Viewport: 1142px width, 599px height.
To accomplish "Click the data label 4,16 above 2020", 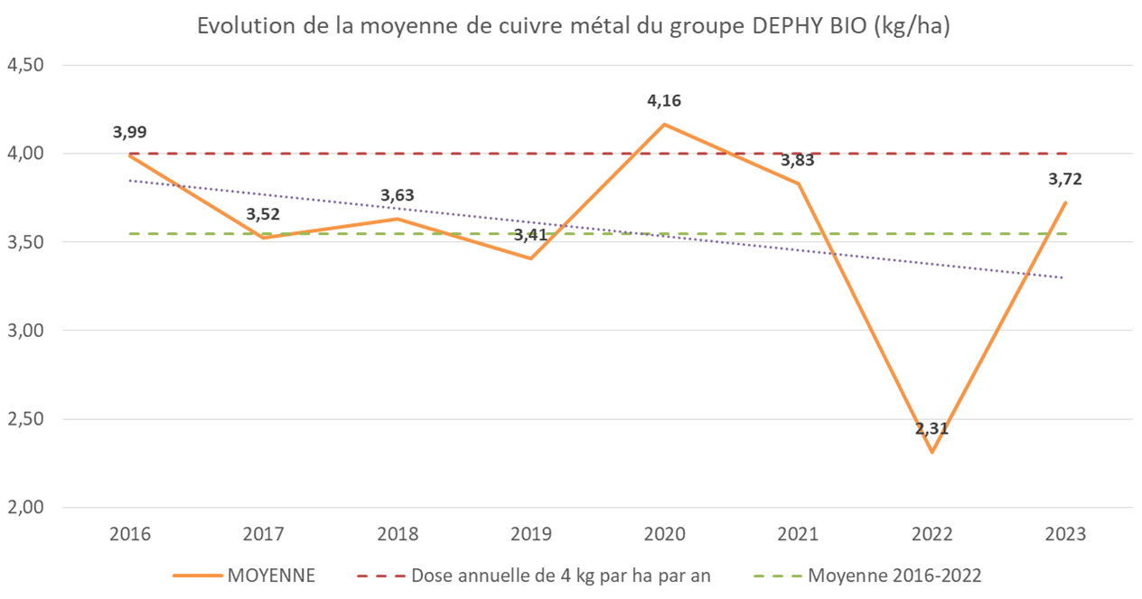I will [x=664, y=100].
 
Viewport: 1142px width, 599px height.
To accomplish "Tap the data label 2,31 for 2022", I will [x=931, y=428].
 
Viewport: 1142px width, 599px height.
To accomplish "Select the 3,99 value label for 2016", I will [x=129, y=132].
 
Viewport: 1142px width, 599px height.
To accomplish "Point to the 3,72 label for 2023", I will [x=1065, y=179].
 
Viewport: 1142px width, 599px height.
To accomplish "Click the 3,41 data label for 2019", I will [x=531, y=236].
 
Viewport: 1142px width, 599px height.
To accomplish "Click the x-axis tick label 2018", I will [x=397, y=534].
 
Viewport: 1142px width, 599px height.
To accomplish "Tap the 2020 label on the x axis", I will [x=664, y=534].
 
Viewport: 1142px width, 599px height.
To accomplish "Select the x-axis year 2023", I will [x=1065, y=534].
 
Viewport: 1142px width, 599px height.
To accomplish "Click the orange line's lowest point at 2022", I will [x=931, y=453].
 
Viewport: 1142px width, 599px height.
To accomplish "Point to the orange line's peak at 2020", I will [x=664, y=125].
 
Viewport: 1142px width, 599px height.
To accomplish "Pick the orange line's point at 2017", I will [x=263, y=238].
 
